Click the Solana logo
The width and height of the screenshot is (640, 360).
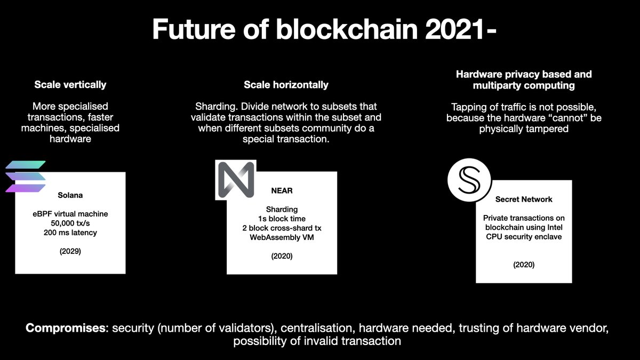coord(26,177)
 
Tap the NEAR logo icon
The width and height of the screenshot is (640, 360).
coord(236,180)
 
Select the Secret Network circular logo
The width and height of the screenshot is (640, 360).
coord(469,180)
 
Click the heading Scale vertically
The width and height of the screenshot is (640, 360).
coord(70,85)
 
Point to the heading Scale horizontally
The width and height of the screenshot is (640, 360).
coord(286,85)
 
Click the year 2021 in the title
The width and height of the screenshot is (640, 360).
coord(454,29)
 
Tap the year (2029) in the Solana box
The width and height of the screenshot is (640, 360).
coord(70,251)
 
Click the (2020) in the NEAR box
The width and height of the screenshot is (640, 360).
coord(282,256)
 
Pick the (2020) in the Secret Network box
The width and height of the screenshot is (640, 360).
coord(524,265)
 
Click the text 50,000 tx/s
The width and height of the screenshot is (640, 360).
coord(70,223)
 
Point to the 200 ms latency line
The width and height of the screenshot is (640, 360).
coord(70,233)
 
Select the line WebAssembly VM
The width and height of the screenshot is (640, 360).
coord(282,237)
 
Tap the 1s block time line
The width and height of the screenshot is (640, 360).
coord(282,219)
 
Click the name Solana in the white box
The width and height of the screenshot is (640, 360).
coord(70,195)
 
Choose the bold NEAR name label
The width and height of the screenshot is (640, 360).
coord(282,190)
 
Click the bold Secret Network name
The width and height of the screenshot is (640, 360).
coord(524,199)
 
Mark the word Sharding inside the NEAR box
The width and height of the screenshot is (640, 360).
coord(282,210)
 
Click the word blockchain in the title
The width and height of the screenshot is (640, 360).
coord(347,29)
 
